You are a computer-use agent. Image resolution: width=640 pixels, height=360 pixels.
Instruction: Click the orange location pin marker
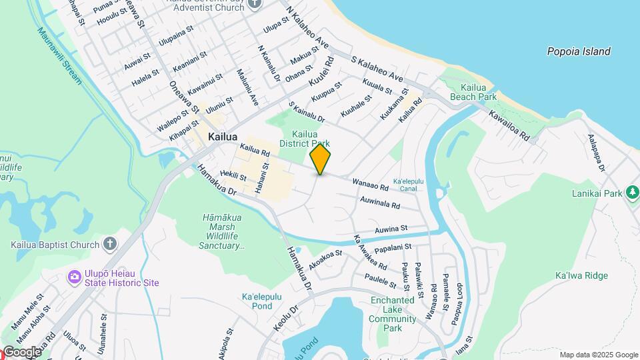(x=320, y=159)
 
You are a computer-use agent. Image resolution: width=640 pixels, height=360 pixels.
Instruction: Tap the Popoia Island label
(x=578, y=51)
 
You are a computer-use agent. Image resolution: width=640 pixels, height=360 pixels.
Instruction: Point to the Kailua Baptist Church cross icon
(x=110, y=245)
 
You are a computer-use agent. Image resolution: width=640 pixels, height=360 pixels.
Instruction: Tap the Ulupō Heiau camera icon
(x=74, y=276)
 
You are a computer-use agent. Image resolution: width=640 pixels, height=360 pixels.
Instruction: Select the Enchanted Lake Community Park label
(x=393, y=314)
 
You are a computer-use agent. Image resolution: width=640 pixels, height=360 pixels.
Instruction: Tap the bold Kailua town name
(x=223, y=137)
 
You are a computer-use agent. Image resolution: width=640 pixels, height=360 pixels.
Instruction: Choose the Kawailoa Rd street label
(x=509, y=125)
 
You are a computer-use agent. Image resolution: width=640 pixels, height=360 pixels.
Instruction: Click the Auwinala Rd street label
(x=379, y=201)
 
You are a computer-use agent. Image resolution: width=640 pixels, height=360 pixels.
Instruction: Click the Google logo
(x=21, y=352)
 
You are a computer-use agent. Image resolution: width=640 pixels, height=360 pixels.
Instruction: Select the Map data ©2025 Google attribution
(x=598, y=355)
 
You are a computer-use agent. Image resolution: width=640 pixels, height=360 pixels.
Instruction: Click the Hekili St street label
(x=233, y=176)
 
